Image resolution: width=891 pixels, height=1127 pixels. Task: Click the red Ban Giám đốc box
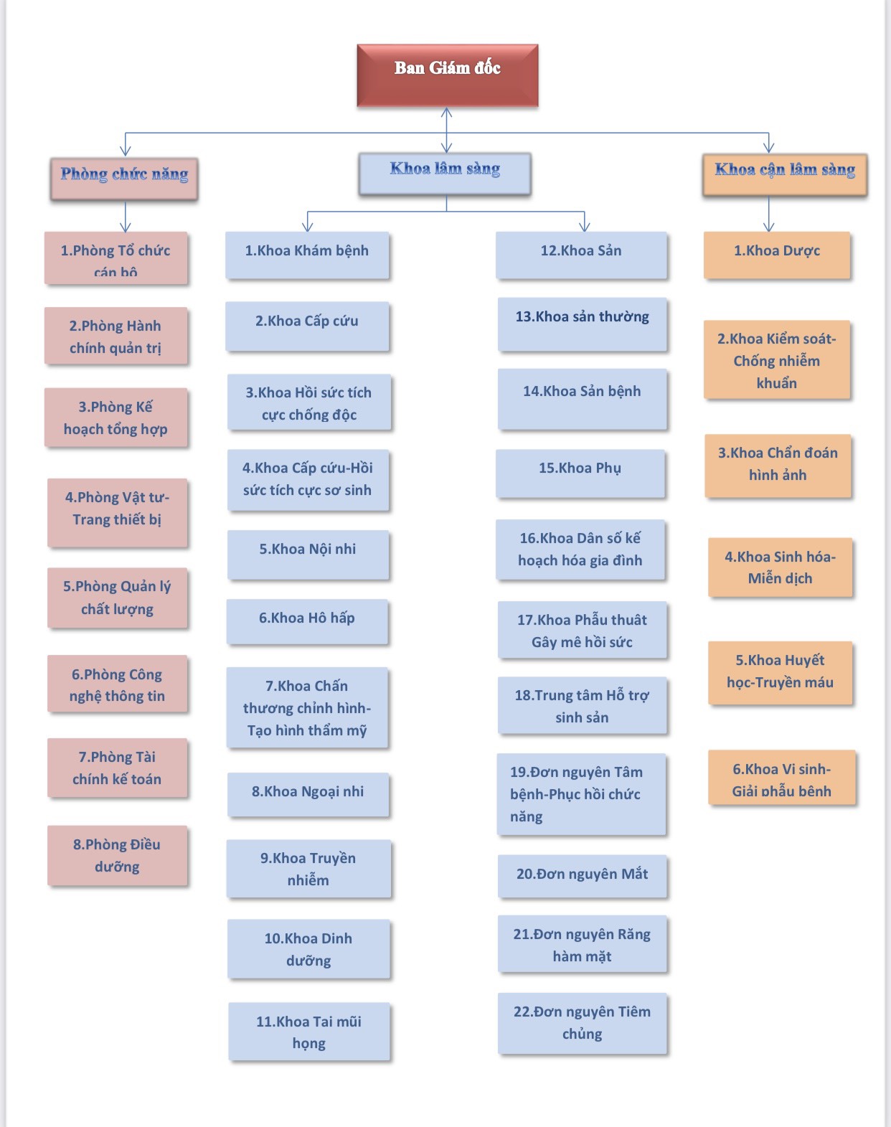pyautogui.click(x=448, y=75)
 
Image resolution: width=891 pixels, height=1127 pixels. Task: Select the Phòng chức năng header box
pyautogui.click(x=124, y=179)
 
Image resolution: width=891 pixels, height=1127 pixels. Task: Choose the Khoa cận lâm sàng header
pyautogui.click(x=785, y=174)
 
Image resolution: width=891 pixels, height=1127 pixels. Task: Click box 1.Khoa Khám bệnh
pyautogui.click(x=307, y=255)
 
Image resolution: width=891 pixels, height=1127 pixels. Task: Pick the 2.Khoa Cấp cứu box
pyautogui.click(x=307, y=326)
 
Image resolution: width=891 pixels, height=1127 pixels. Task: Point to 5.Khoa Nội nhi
pyautogui.click(x=308, y=554)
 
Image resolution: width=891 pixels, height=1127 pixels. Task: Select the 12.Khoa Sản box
pyautogui.click(x=581, y=255)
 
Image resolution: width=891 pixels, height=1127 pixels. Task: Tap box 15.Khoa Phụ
pyautogui.click(x=580, y=473)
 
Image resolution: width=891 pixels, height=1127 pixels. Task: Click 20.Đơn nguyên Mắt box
pyautogui.click(x=582, y=875)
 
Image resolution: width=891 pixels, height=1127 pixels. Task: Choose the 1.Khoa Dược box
pyautogui.click(x=777, y=255)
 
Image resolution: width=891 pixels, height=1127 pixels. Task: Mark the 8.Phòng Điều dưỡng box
pyautogui.click(x=117, y=855)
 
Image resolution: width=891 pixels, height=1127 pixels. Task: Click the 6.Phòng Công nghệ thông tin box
pyautogui.click(x=117, y=684)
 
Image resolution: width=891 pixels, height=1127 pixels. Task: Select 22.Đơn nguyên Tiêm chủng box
pyautogui.click(x=582, y=1023)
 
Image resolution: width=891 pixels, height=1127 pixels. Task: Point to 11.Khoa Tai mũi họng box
pyautogui.click(x=309, y=1032)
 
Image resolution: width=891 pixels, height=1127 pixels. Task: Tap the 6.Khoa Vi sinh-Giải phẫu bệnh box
pyautogui.click(x=782, y=778)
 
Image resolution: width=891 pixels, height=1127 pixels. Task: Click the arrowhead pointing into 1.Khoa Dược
pyautogui.click(x=769, y=226)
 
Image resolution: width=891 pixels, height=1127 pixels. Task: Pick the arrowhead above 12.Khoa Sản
pyautogui.click(x=585, y=225)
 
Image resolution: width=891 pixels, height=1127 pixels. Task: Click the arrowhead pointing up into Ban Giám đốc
pyautogui.click(x=447, y=113)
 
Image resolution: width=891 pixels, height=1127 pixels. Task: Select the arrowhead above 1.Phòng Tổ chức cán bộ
pyautogui.click(x=126, y=225)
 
